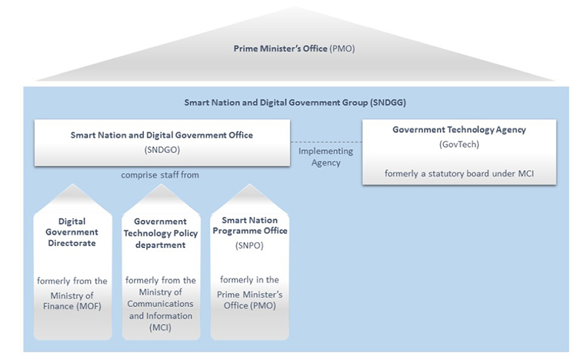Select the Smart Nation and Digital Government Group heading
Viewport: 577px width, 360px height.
click(x=295, y=102)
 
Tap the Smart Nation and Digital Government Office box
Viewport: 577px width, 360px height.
click(x=162, y=142)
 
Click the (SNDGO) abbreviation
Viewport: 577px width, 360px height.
click(x=162, y=149)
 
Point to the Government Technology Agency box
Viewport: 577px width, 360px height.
click(x=459, y=152)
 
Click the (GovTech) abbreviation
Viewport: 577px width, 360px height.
click(x=459, y=143)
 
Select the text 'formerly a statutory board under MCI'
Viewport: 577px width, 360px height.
click(x=459, y=173)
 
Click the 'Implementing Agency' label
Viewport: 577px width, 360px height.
click(x=325, y=156)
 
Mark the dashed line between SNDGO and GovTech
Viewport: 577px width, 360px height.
click(x=325, y=142)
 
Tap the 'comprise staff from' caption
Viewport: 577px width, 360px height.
click(x=160, y=175)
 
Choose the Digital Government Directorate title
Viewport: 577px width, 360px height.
click(x=71, y=232)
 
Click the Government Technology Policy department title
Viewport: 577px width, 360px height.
click(x=161, y=233)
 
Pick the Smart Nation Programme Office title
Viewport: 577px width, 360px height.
click(x=249, y=225)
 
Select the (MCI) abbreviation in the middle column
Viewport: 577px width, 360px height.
click(x=161, y=327)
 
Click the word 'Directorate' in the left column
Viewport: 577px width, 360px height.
click(x=71, y=243)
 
